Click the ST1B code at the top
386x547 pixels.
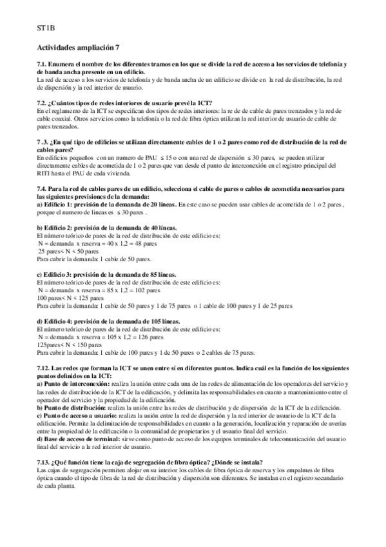pyautogui.click(x=46, y=28)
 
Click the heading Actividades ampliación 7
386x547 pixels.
pyautogui.click(x=78, y=48)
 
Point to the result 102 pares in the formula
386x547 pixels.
pyautogui.click(x=148, y=290)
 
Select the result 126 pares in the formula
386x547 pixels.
pyautogui.click(x=150, y=337)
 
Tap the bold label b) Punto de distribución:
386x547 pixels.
pyautogui.click(x=71, y=408)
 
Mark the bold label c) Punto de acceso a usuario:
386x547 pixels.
pyautogui.click(x=77, y=415)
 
